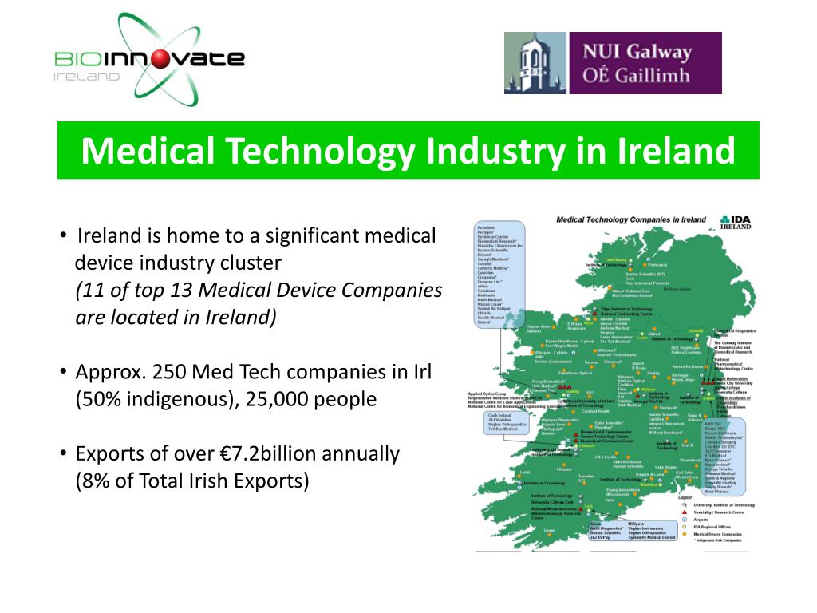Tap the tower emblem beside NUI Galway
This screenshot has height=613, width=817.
tap(535, 63)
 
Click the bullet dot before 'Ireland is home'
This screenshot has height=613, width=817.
tap(63, 235)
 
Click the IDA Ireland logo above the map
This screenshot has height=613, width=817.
tap(735, 221)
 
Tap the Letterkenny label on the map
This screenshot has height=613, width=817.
tap(615, 260)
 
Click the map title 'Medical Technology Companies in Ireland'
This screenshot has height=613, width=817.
tap(630, 219)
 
